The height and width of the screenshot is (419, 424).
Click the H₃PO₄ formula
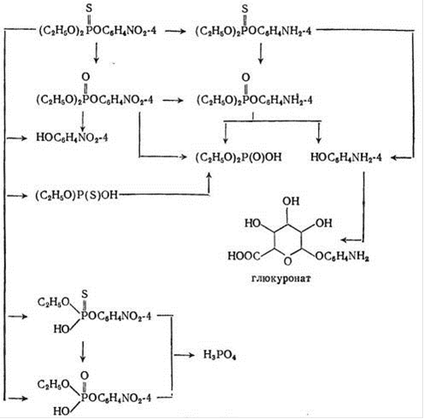(x=220, y=355)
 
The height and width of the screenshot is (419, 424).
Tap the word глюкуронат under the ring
(x=281, y=279)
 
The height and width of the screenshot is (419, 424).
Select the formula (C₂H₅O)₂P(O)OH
(x=238, y=157)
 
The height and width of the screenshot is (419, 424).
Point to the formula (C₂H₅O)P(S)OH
(x=76, y=195)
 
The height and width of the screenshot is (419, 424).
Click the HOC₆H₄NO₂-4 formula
(x=72, y=138)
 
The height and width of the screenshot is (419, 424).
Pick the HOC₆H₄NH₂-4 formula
(x=346, y=157)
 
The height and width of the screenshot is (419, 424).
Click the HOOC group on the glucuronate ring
(x=244, y=256)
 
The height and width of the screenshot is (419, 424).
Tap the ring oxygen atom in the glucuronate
(x=288, y=261)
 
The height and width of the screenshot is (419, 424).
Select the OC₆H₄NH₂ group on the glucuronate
(x=342, y=257)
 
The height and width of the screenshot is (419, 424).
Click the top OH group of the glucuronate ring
(x=291, y=201)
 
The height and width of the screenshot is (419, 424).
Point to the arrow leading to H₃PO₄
(x=184, y=355)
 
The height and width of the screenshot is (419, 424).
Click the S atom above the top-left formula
(x=89, y=9)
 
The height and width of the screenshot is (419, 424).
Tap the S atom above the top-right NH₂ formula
(x=244, y=9)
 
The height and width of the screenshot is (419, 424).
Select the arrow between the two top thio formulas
(x=175, y=31)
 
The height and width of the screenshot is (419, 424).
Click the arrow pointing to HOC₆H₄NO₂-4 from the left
(x=17, y=139)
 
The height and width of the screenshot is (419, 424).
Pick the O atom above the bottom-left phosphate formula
(x=85, y=375)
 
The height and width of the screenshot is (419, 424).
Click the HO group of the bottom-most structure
(x=62, y=411)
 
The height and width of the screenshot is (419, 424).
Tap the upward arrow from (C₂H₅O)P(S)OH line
(x=209, y=183)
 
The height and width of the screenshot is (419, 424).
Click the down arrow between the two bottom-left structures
(x=83, y=351)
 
